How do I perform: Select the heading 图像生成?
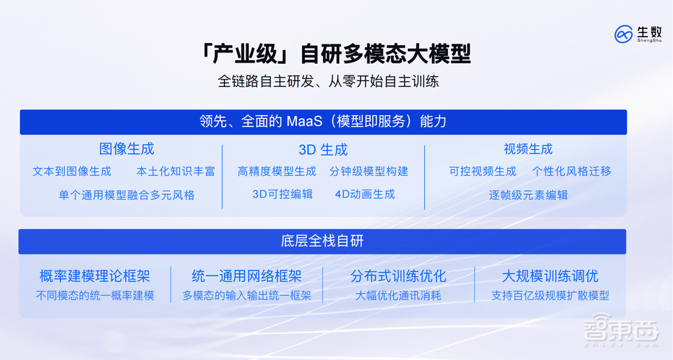[x=127, y=149]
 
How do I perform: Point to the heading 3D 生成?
[x=323, y=149]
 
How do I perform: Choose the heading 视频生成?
[x=528, y=149]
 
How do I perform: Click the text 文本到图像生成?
[x=72, y=171]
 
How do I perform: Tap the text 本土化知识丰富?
[x=176, y=171]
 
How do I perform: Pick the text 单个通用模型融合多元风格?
[x=127, y=195]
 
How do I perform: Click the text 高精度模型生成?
[x=277, y=171]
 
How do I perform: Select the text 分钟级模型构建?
[x=369, y=171]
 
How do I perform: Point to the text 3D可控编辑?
[x=283, y=194]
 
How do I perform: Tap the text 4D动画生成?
[x=365, y=194]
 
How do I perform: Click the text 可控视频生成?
[x=483, y=171]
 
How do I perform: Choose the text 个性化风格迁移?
[x=571, y=171]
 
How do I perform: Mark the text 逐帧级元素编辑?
[x=528, y=195]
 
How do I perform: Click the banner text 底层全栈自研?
[x=322, y=241]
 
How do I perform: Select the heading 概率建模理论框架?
[x=95, y=276]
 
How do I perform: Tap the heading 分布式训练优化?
[x=398, y=276]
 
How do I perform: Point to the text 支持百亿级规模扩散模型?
[x=550, y=295]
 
